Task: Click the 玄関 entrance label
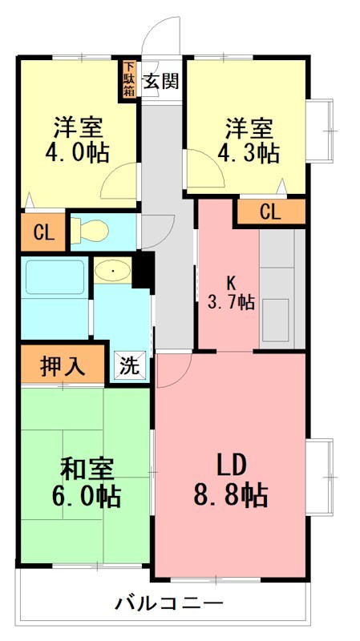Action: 160,81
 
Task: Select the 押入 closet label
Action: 62,366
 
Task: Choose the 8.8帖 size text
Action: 231,494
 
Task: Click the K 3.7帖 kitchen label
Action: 231,293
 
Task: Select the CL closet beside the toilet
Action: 42,233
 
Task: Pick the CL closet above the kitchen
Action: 270,212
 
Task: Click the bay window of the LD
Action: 320,478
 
